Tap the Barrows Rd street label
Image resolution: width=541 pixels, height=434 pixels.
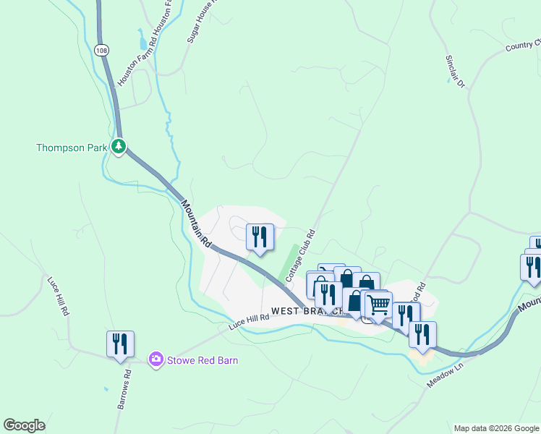click(x=124, y=391)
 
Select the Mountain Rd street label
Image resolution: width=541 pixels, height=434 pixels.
click(x=196, y=224)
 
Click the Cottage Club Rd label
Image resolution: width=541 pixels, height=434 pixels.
click(x=302, y=256)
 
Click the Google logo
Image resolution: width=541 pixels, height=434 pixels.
click(x=24, y=425)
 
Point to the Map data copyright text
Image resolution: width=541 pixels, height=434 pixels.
click(x=496, y=428)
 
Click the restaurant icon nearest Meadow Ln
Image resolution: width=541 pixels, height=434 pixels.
click(x=422, y=334)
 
